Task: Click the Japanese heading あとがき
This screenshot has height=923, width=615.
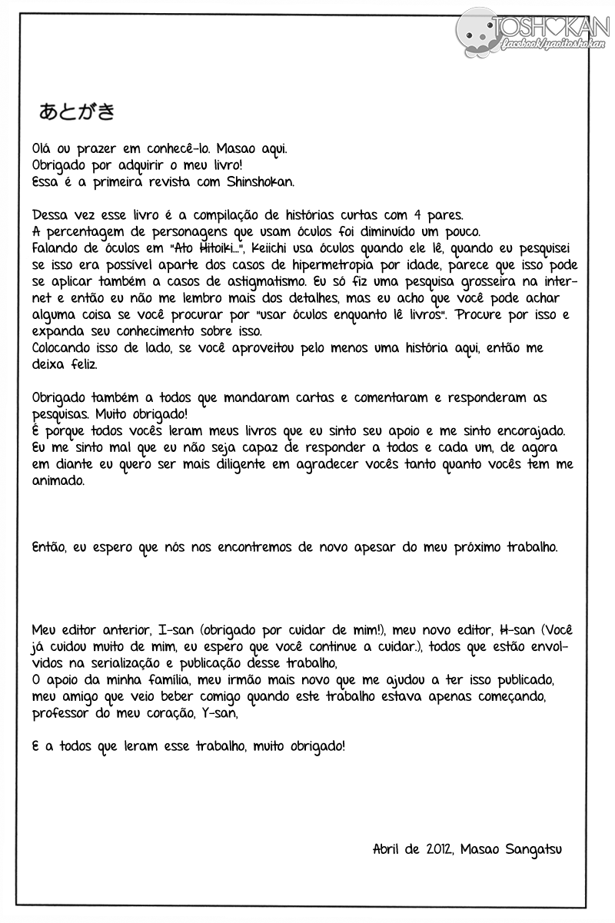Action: pos(77,111)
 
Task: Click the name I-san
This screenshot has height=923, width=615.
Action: pos(164,631)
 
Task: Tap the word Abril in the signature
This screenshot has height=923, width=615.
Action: pos(388,849)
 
